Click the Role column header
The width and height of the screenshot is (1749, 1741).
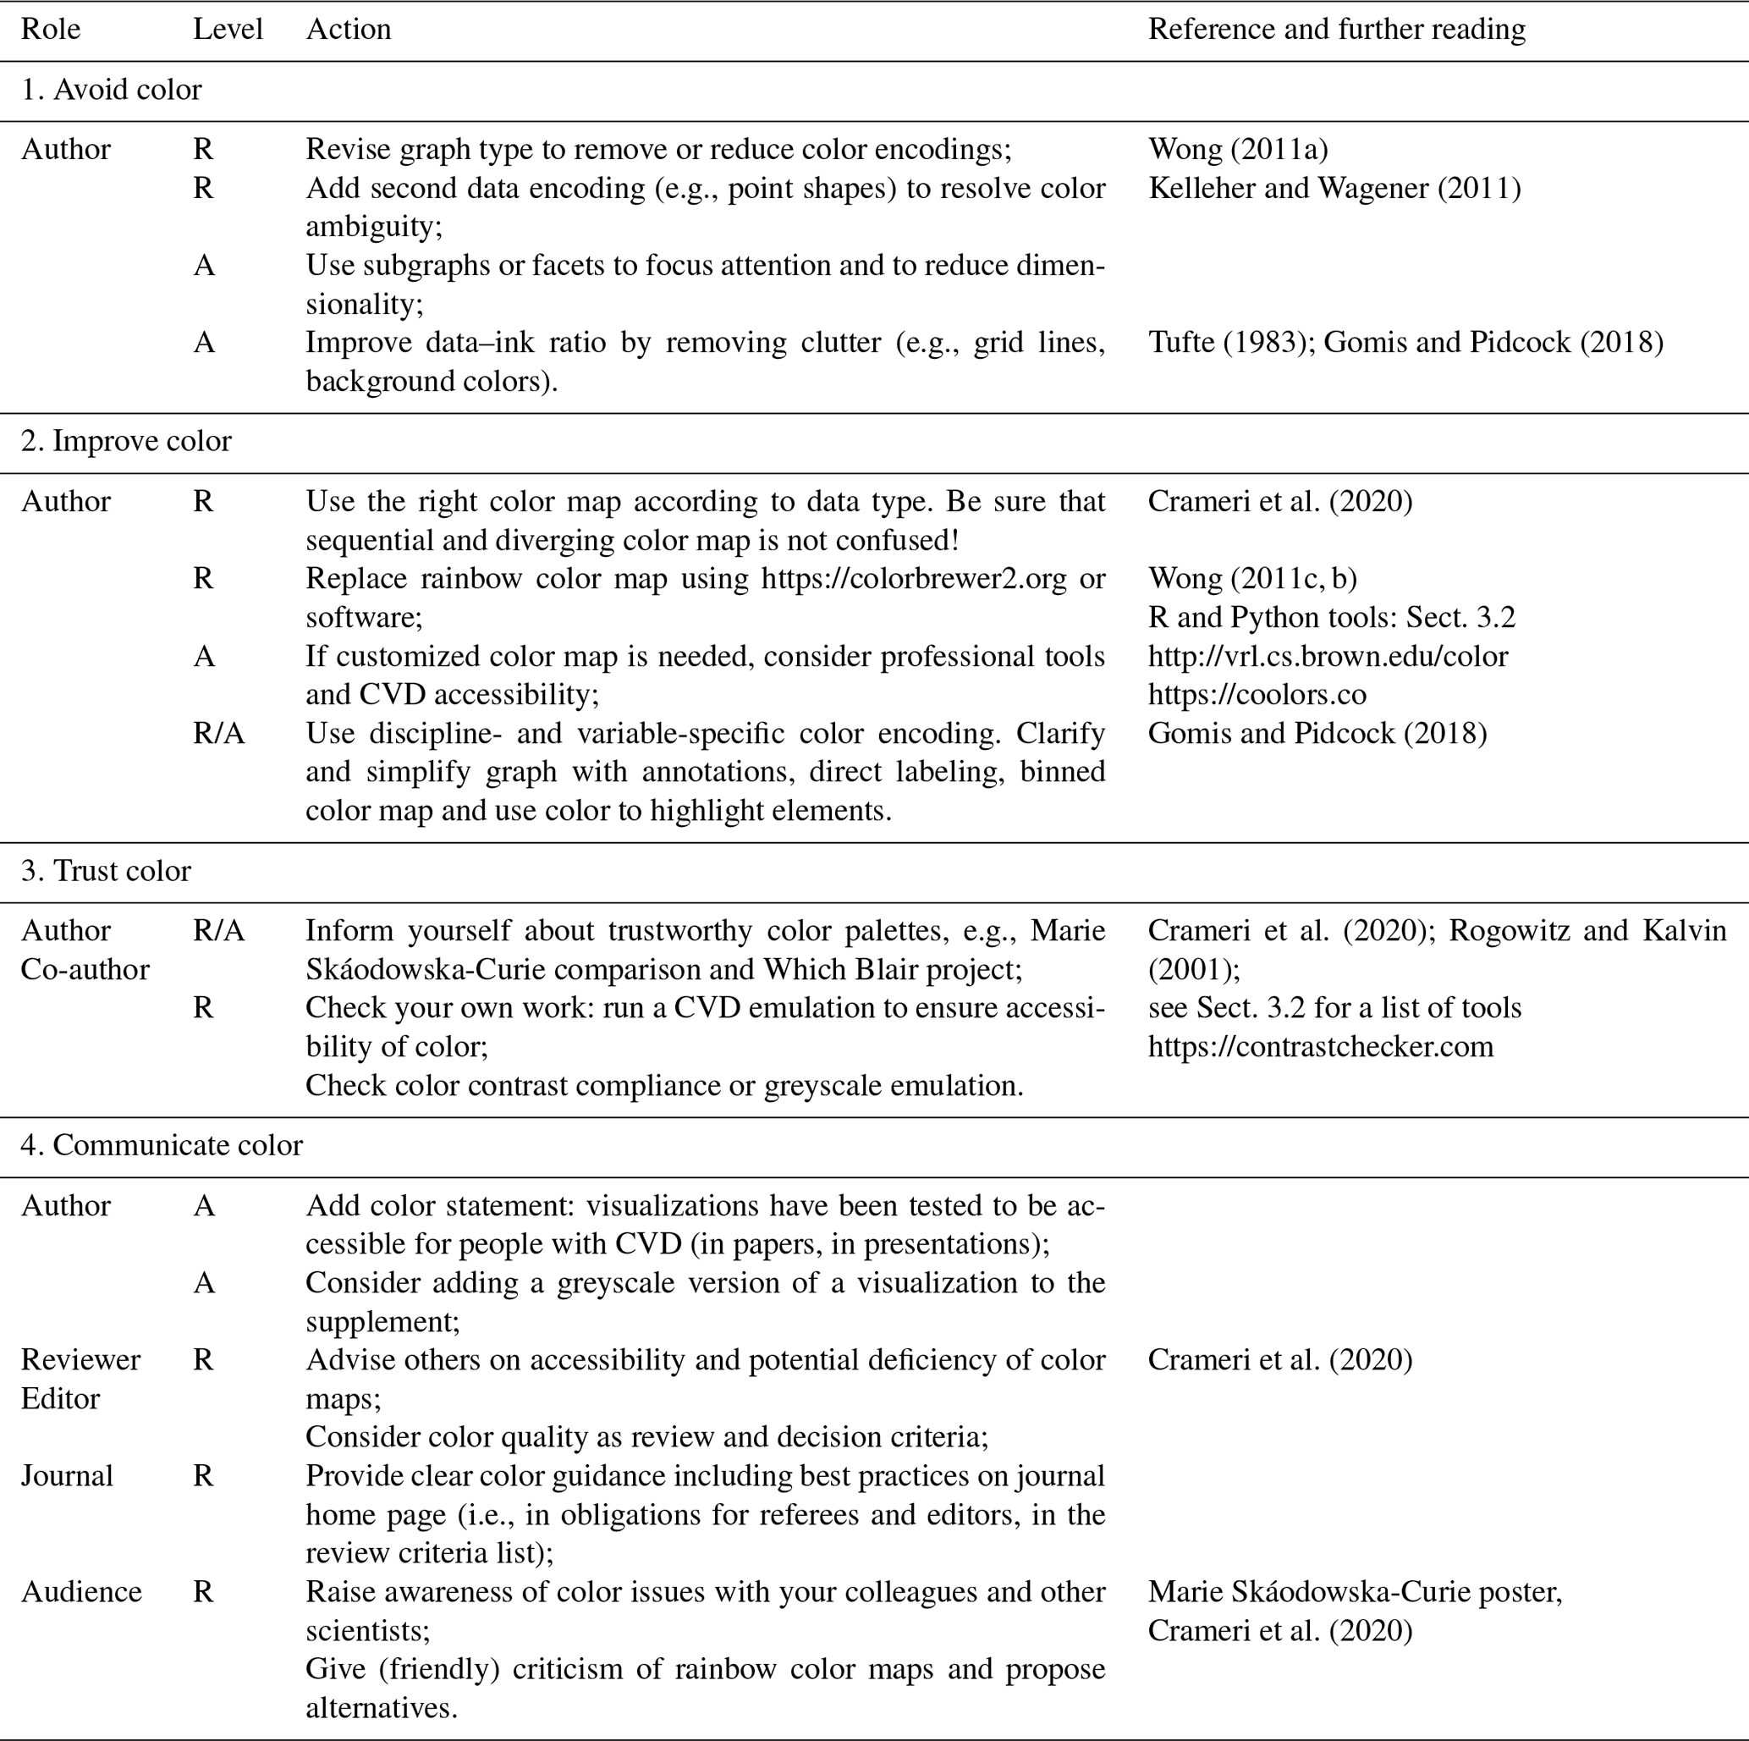click(51, 30)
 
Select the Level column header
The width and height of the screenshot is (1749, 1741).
click(228, 30)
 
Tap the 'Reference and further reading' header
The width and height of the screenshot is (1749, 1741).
click(1336, 30)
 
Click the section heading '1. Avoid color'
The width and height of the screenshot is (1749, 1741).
click(112, 90)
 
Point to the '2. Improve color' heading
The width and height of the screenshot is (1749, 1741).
click(126, 441)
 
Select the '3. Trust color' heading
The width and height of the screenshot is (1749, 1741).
click(106, 871)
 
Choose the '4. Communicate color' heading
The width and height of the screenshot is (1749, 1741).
click(162, 1145)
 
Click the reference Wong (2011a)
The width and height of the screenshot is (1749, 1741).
click(1238, 149)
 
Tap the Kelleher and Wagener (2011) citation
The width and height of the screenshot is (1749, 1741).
click(1334, 188)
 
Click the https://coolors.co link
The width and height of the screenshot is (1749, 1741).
click(1257, 694)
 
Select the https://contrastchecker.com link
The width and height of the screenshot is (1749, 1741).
click(1320, 1047)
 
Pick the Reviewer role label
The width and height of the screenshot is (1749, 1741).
click(80, 1360)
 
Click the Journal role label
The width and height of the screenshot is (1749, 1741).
click(67, 1476)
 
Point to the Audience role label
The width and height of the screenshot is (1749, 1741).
click(81, 1592)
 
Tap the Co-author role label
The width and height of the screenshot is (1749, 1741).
click(85, 970)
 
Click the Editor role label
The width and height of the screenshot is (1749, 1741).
click(61, 1399)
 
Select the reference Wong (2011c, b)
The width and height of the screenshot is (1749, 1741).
click(1252, 579)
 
